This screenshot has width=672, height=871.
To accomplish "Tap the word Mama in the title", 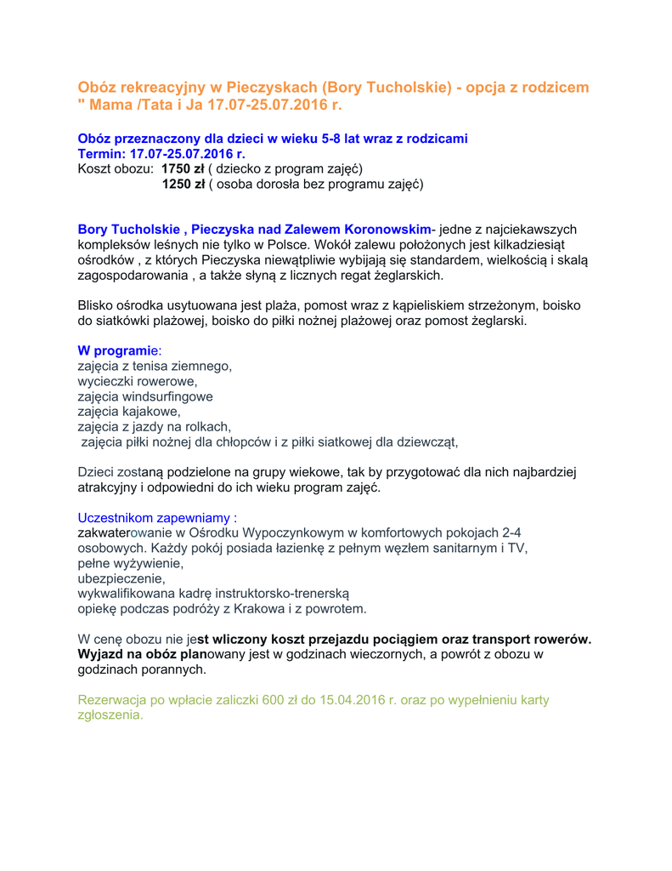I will [x=110, y=105].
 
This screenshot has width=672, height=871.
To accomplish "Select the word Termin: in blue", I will [x=100, y=154].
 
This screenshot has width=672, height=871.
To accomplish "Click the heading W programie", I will [x=118, y=350].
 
